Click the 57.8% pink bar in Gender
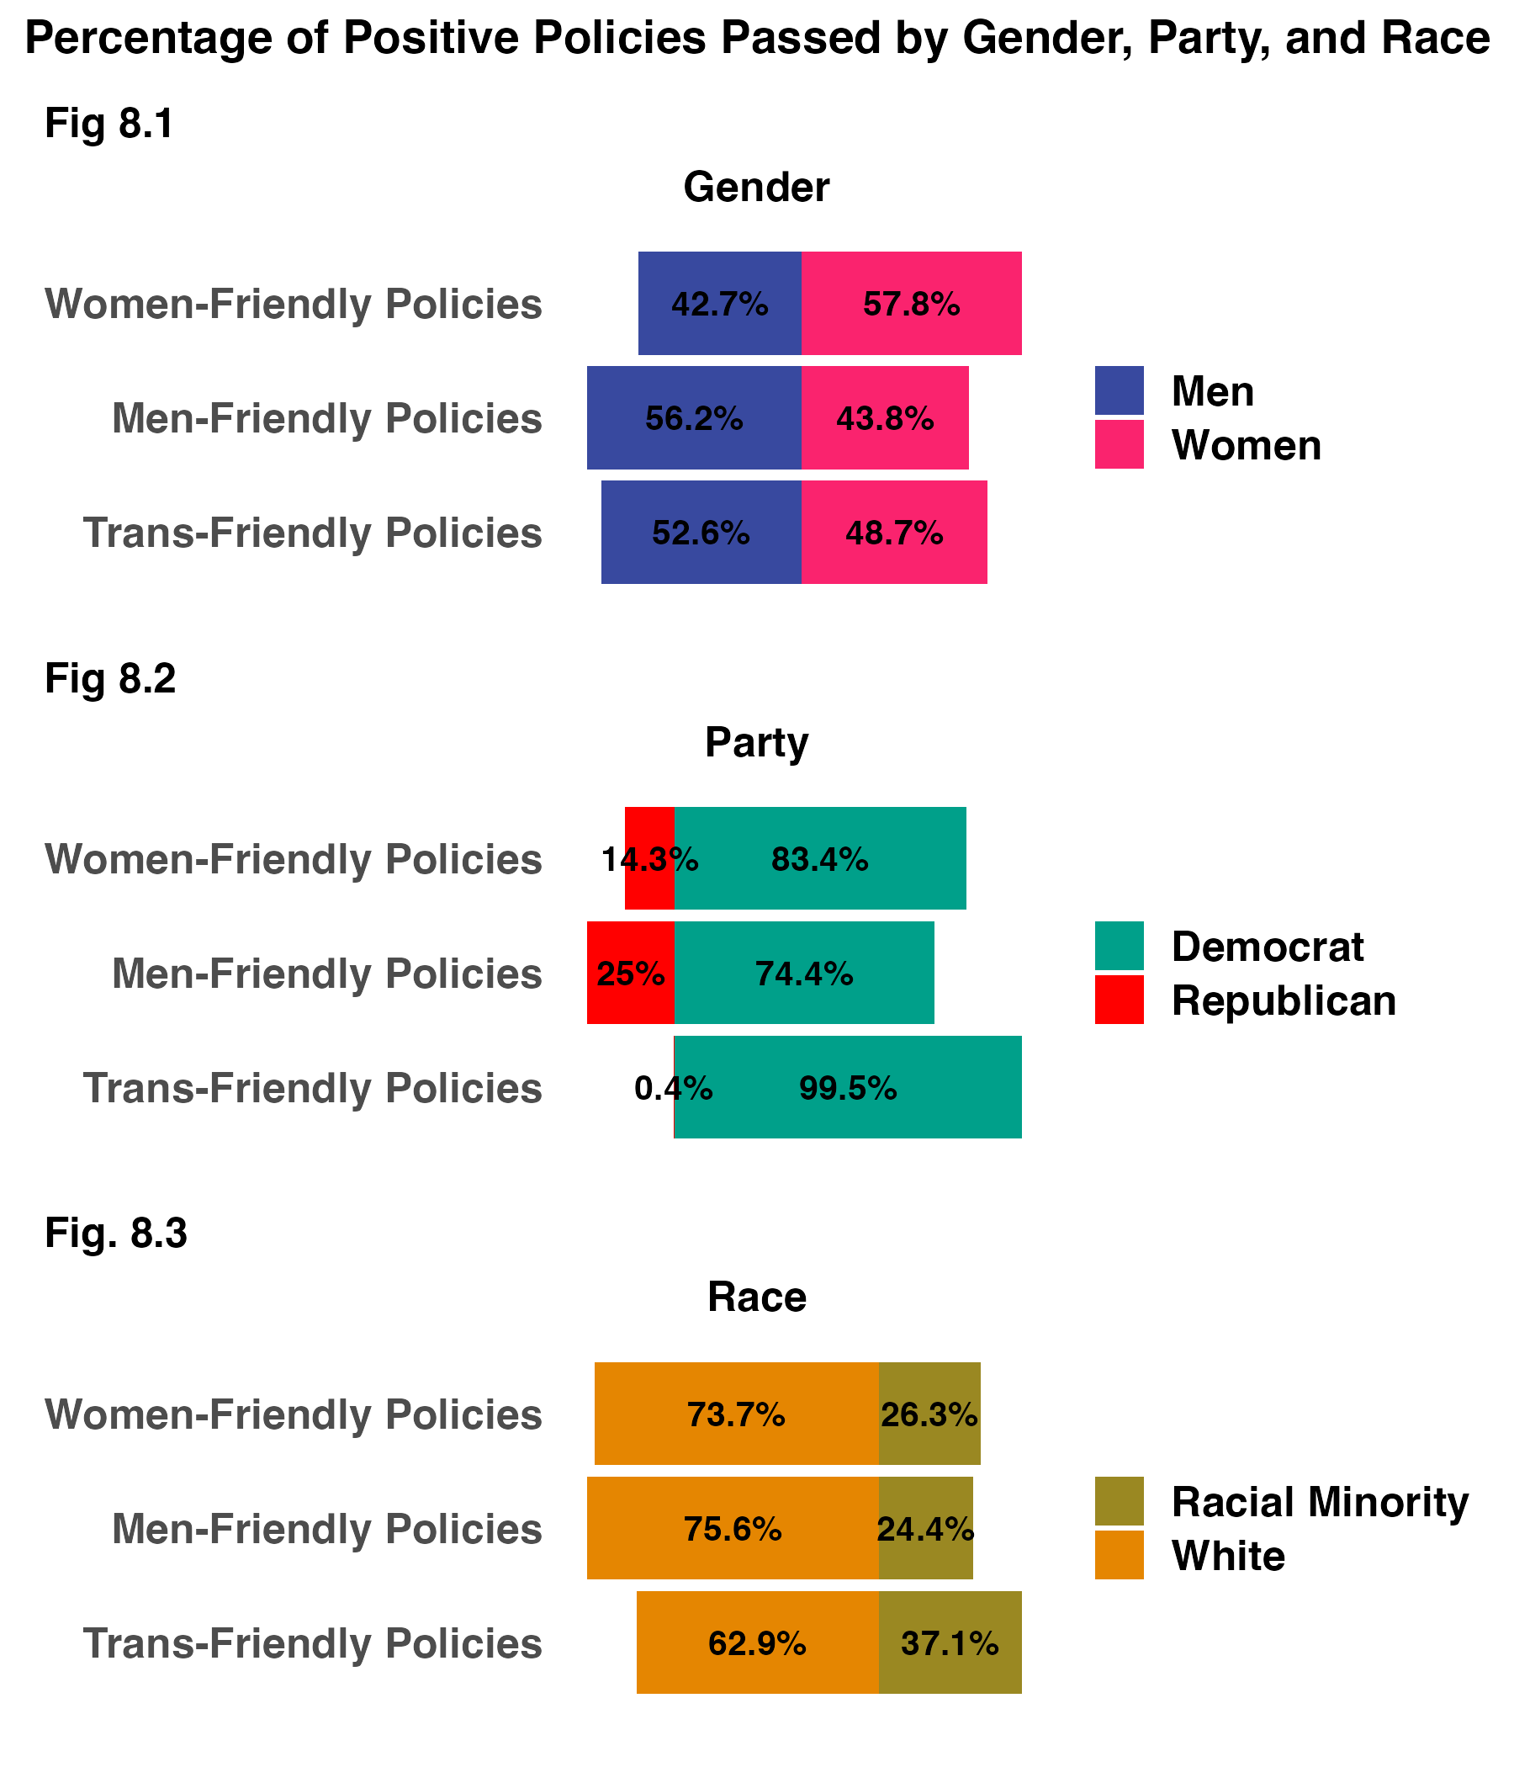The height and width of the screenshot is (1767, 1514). click(x=910, y=304)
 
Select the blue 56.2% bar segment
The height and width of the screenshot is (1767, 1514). click(x=694, y=418)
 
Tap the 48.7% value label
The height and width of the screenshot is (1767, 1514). click(x=893, y=533)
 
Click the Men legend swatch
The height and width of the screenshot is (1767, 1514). click(x=1119, y=390)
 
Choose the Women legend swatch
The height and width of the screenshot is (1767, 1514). click(x=1119, y=444)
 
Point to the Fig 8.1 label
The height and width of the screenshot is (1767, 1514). click(x=109, y=124)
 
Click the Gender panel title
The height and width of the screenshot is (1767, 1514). click(x=756, y=188)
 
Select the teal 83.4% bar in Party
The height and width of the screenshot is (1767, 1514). click(x=820, y=859)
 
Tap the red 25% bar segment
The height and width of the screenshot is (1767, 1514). click(x=631, y=973)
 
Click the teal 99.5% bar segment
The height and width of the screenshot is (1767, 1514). click(x=848, y=1088)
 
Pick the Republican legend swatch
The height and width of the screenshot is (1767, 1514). click(x=1119, y=1000)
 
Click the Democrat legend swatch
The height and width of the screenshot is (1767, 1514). click(x=1119, y=946)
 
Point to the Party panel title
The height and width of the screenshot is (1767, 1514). click(x=756, y=743)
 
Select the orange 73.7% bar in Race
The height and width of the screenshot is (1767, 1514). click(x=737, y=1414)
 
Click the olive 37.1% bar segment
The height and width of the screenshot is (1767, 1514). click(x=950, y=1642)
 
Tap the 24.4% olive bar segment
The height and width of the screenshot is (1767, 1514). click(x=926, y=1529)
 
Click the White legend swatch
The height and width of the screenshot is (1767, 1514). click(x=1119, y=1555)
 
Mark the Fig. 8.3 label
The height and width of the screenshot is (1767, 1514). click(x=116, y=1234)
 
